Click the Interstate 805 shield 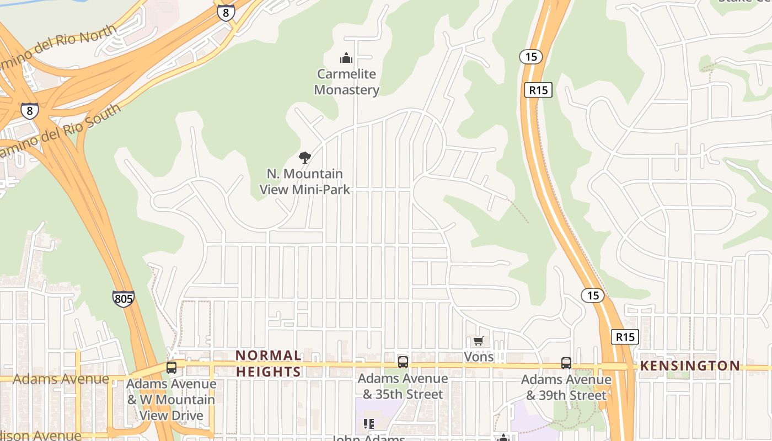click(123, 299)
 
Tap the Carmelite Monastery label click(347, 82)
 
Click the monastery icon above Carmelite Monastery click(346, 57)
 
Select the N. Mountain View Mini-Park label click(305, 181)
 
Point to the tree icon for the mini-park click(304, 158)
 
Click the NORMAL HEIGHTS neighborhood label click(269, 363)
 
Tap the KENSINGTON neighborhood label click(690, 366)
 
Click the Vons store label click(479, 357)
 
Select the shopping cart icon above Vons click(478, 341)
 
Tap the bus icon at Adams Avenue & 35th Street click(403, 362)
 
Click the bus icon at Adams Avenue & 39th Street click(566, 363)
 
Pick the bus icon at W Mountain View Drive click(171, 367)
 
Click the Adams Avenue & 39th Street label click(566, 388)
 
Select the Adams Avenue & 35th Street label click(403, 386)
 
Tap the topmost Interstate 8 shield click(226, 13)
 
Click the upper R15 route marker click(538, 90)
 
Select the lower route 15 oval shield click(593, 295)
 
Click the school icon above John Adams click(369, 424)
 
